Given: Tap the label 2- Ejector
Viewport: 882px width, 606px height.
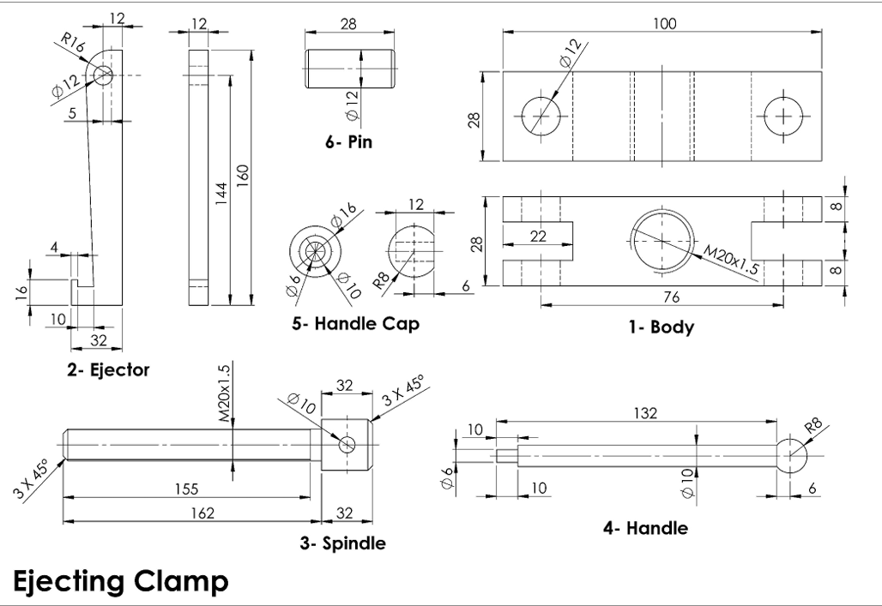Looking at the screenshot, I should click(x=108, y=370).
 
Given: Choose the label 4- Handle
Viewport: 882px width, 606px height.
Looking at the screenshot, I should click(x=645, y=528).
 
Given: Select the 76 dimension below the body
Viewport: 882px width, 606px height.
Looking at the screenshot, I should click(x=661, y=294).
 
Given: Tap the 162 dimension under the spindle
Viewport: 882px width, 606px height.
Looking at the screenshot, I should click(x=190, y=513).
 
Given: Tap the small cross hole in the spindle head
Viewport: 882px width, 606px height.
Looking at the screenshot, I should click(x=347, y=444).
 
